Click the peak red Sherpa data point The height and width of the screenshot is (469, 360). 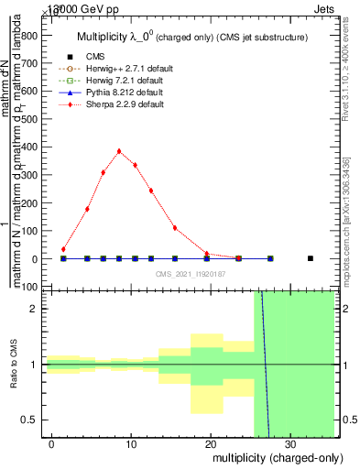click(x=119, y=151)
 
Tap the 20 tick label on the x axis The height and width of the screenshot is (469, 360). click(x=210, y=443)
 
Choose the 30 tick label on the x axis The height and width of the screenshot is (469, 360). click(x=289, y=443)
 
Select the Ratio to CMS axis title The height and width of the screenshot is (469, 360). click(x=14, y=364)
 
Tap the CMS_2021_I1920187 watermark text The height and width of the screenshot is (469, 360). click(x=190, y=273)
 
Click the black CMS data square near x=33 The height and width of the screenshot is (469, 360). click(x=311, y=258)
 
